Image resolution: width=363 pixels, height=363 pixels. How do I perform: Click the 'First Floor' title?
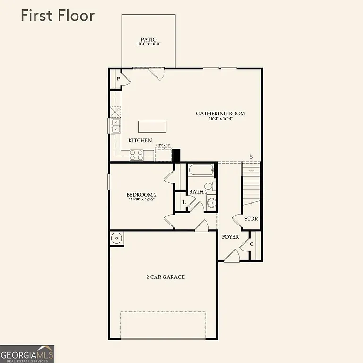57,15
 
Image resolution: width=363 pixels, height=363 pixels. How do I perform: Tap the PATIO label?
148,40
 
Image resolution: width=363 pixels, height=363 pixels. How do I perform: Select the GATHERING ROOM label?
220,113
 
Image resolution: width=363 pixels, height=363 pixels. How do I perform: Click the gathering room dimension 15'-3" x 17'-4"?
220,119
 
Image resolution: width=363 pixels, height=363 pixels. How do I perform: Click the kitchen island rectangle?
152,127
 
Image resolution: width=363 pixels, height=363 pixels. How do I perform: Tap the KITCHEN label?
140,140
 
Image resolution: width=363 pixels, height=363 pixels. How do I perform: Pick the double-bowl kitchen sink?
115,126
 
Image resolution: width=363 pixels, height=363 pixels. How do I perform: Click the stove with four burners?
137,155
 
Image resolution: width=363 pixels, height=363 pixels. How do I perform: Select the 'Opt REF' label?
163,145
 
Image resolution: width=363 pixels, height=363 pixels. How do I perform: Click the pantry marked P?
118,79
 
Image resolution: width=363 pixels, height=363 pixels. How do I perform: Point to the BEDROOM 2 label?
141,195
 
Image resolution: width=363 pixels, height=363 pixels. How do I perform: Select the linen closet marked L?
183,202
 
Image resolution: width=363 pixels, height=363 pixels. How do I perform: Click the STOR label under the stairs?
251,219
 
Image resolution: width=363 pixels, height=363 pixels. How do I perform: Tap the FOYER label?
230,237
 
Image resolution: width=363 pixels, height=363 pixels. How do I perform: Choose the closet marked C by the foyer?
251,244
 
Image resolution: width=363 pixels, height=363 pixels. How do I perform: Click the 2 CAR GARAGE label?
165,277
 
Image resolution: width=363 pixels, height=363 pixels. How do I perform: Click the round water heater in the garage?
116,239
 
